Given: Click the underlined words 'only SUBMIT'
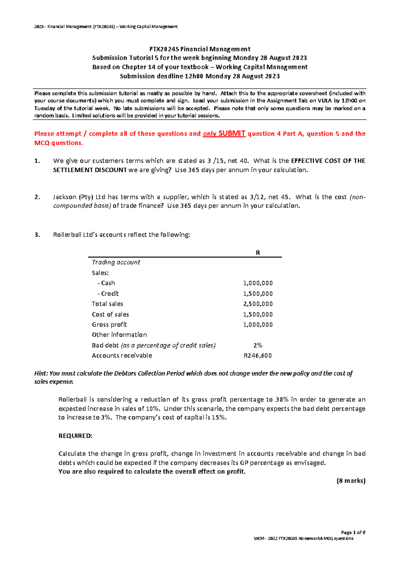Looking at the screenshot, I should [x=224, y=134].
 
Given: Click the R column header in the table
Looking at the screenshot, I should [x=258, y=253].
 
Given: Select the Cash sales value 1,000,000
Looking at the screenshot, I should [x=258, y=283].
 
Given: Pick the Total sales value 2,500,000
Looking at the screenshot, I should [x=258, y=304].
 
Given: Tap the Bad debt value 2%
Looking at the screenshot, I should [x=258, y=345].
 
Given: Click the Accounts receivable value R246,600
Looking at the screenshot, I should [x=258, y=356].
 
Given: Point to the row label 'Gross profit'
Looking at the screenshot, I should [x=109, y=325].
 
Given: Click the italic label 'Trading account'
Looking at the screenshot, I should [x=116, y=263].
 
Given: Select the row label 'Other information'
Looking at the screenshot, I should [x=119, y=335].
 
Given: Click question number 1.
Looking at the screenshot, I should [x=37, y=161].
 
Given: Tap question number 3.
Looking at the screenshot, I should [x=37, y=235].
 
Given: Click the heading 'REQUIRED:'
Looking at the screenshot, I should [x=75, y=436].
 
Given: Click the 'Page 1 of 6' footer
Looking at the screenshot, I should [x=353, y=532].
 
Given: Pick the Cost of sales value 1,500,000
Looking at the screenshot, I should [x=258, y=314].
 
